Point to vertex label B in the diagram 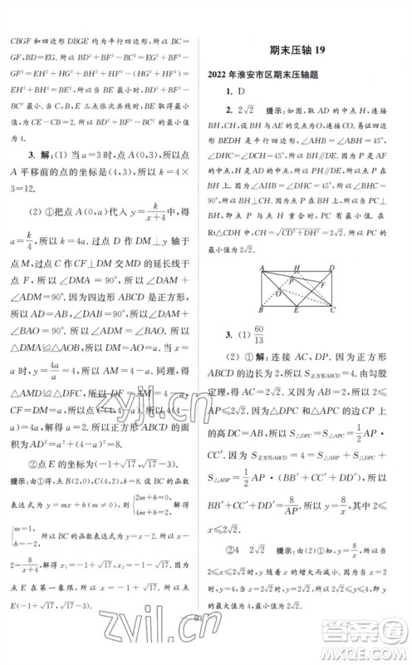(x=262, y=309)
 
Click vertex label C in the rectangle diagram (x=332, y=309)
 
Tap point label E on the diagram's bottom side (x=296, y=311)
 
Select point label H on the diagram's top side (x=296, y=268)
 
